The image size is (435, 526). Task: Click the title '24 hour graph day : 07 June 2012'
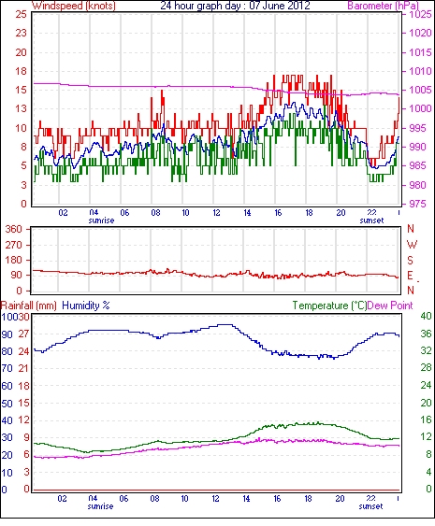[x=235, y=6]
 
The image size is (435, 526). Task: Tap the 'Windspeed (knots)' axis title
[x=74, y=6]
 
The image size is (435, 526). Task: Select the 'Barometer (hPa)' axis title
[x=384, y=6]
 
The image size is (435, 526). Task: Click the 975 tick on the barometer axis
[x=416, y=204]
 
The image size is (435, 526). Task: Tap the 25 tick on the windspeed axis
[x=21, y=14]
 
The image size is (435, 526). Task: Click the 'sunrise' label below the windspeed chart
[x=101, y=220]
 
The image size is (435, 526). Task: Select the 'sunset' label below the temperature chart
[x=370, y=505]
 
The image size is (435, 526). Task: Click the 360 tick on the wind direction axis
[x=14, y=229]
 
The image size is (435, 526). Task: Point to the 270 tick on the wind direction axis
[x=14, y=245]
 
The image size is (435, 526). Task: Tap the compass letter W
[x=412, y=244]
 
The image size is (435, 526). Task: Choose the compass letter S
[x=410, y=260]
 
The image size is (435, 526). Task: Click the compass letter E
[x=410, y=276]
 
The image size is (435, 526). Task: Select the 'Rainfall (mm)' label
[x=29, y=306]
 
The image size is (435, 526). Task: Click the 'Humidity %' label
[x=86, y=306]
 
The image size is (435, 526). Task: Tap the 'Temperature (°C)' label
[x=329, y=306]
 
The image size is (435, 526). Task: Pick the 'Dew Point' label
[x=390, y=306]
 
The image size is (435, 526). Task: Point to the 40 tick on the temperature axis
[x=426, y=316]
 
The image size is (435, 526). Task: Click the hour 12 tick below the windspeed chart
[x=216, y=213]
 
